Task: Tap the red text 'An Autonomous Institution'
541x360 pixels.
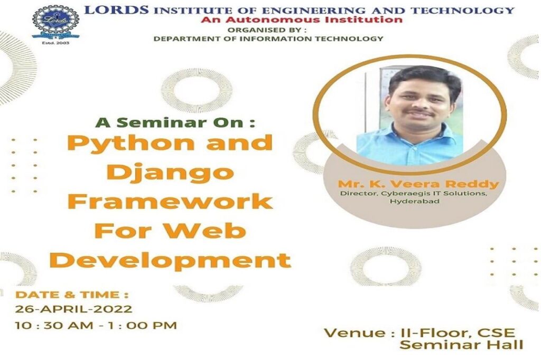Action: click(301, 20)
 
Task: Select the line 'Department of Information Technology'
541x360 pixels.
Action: click(268, 39)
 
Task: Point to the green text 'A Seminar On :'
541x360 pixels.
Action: click(175, 122)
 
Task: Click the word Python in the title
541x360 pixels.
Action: click(127, 143)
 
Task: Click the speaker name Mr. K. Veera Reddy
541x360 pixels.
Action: click(418, 184)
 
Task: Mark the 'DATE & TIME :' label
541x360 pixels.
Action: click(72, 295)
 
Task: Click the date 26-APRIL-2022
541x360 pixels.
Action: click(73, 309)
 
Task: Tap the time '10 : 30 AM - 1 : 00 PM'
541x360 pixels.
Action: click(96, 325)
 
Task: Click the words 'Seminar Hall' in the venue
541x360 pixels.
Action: click(461, 345)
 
